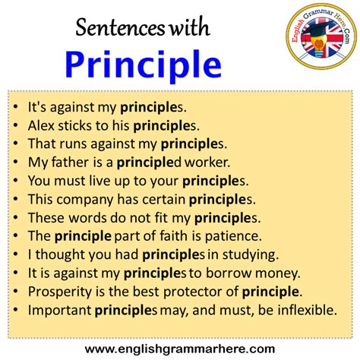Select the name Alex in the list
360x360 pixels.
click(x=41, y=124)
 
